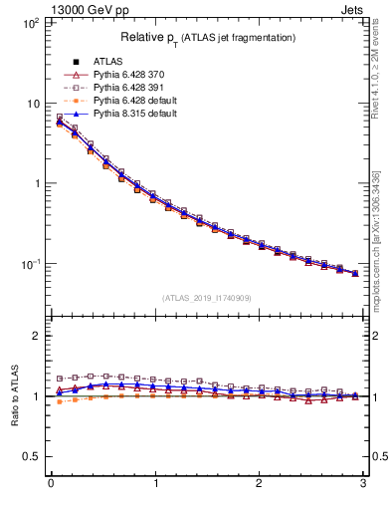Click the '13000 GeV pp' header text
pos(89,10)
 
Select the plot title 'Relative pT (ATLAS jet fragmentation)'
pos(208,37)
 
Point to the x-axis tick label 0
pos(51,485)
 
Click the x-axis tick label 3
pos(363,485)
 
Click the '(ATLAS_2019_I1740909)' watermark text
pos(208,298)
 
